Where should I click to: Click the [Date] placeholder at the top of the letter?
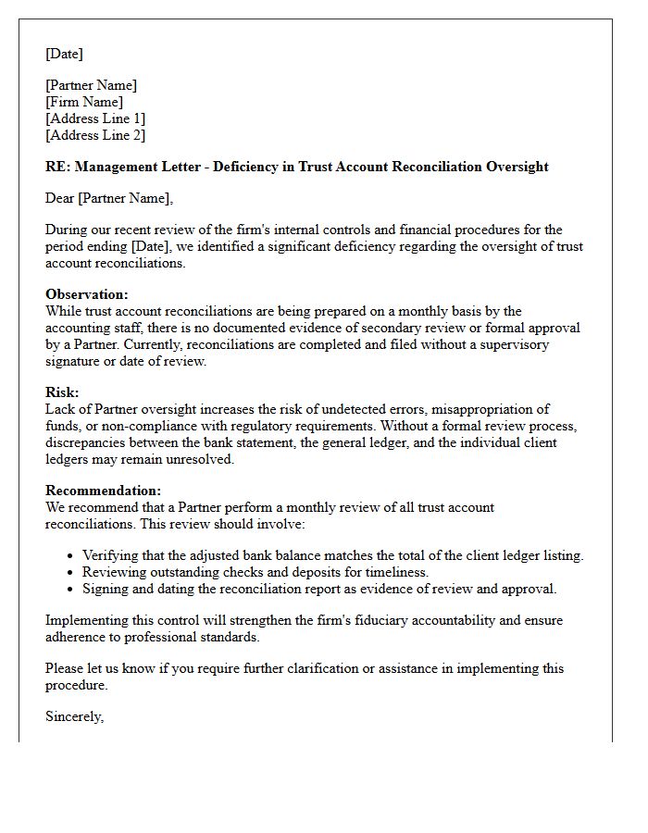point(64,54)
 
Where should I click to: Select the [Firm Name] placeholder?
point(84,102)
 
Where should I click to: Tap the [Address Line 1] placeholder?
point(95,118)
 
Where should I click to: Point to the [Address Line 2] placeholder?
point(95,135)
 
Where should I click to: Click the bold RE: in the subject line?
point(57,167)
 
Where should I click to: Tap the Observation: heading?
point(87,294)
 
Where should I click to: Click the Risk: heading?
point(62,392)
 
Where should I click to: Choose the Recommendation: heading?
point(103,491)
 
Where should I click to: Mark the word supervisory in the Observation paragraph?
point(514,344)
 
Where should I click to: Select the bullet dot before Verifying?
point(71,556)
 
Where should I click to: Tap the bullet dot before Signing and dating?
point(71,590)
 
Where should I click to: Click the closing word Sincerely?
point(74,716)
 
